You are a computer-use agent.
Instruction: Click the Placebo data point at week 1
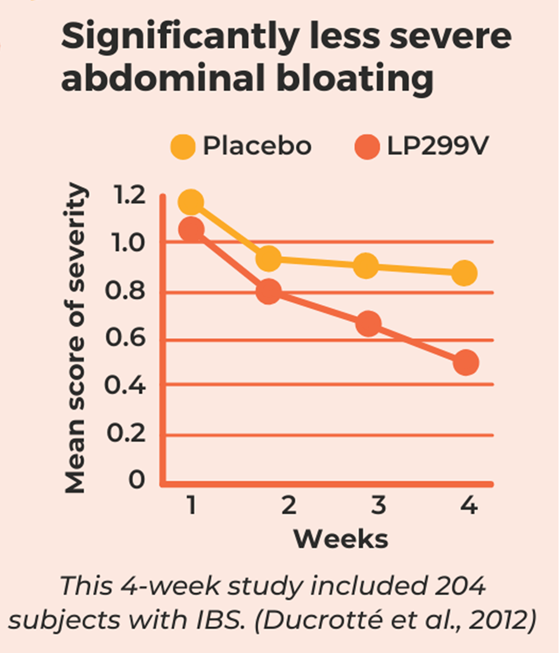coord(191,202)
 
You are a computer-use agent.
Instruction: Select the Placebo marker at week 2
coord(269,259)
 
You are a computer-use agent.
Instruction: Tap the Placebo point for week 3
coord(366,266)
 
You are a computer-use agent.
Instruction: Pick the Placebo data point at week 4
coord(464,273)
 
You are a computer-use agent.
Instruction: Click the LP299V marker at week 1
coord(192,230)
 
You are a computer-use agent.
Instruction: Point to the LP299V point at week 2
coord(269,292)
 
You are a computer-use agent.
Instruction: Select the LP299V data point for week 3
coord(368,324)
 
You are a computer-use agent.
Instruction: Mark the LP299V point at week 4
coord(465,363)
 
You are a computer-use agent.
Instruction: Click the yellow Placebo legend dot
coord(183,147)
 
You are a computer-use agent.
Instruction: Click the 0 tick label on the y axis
coord(137,480)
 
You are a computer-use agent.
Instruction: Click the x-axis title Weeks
coord(341,539)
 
